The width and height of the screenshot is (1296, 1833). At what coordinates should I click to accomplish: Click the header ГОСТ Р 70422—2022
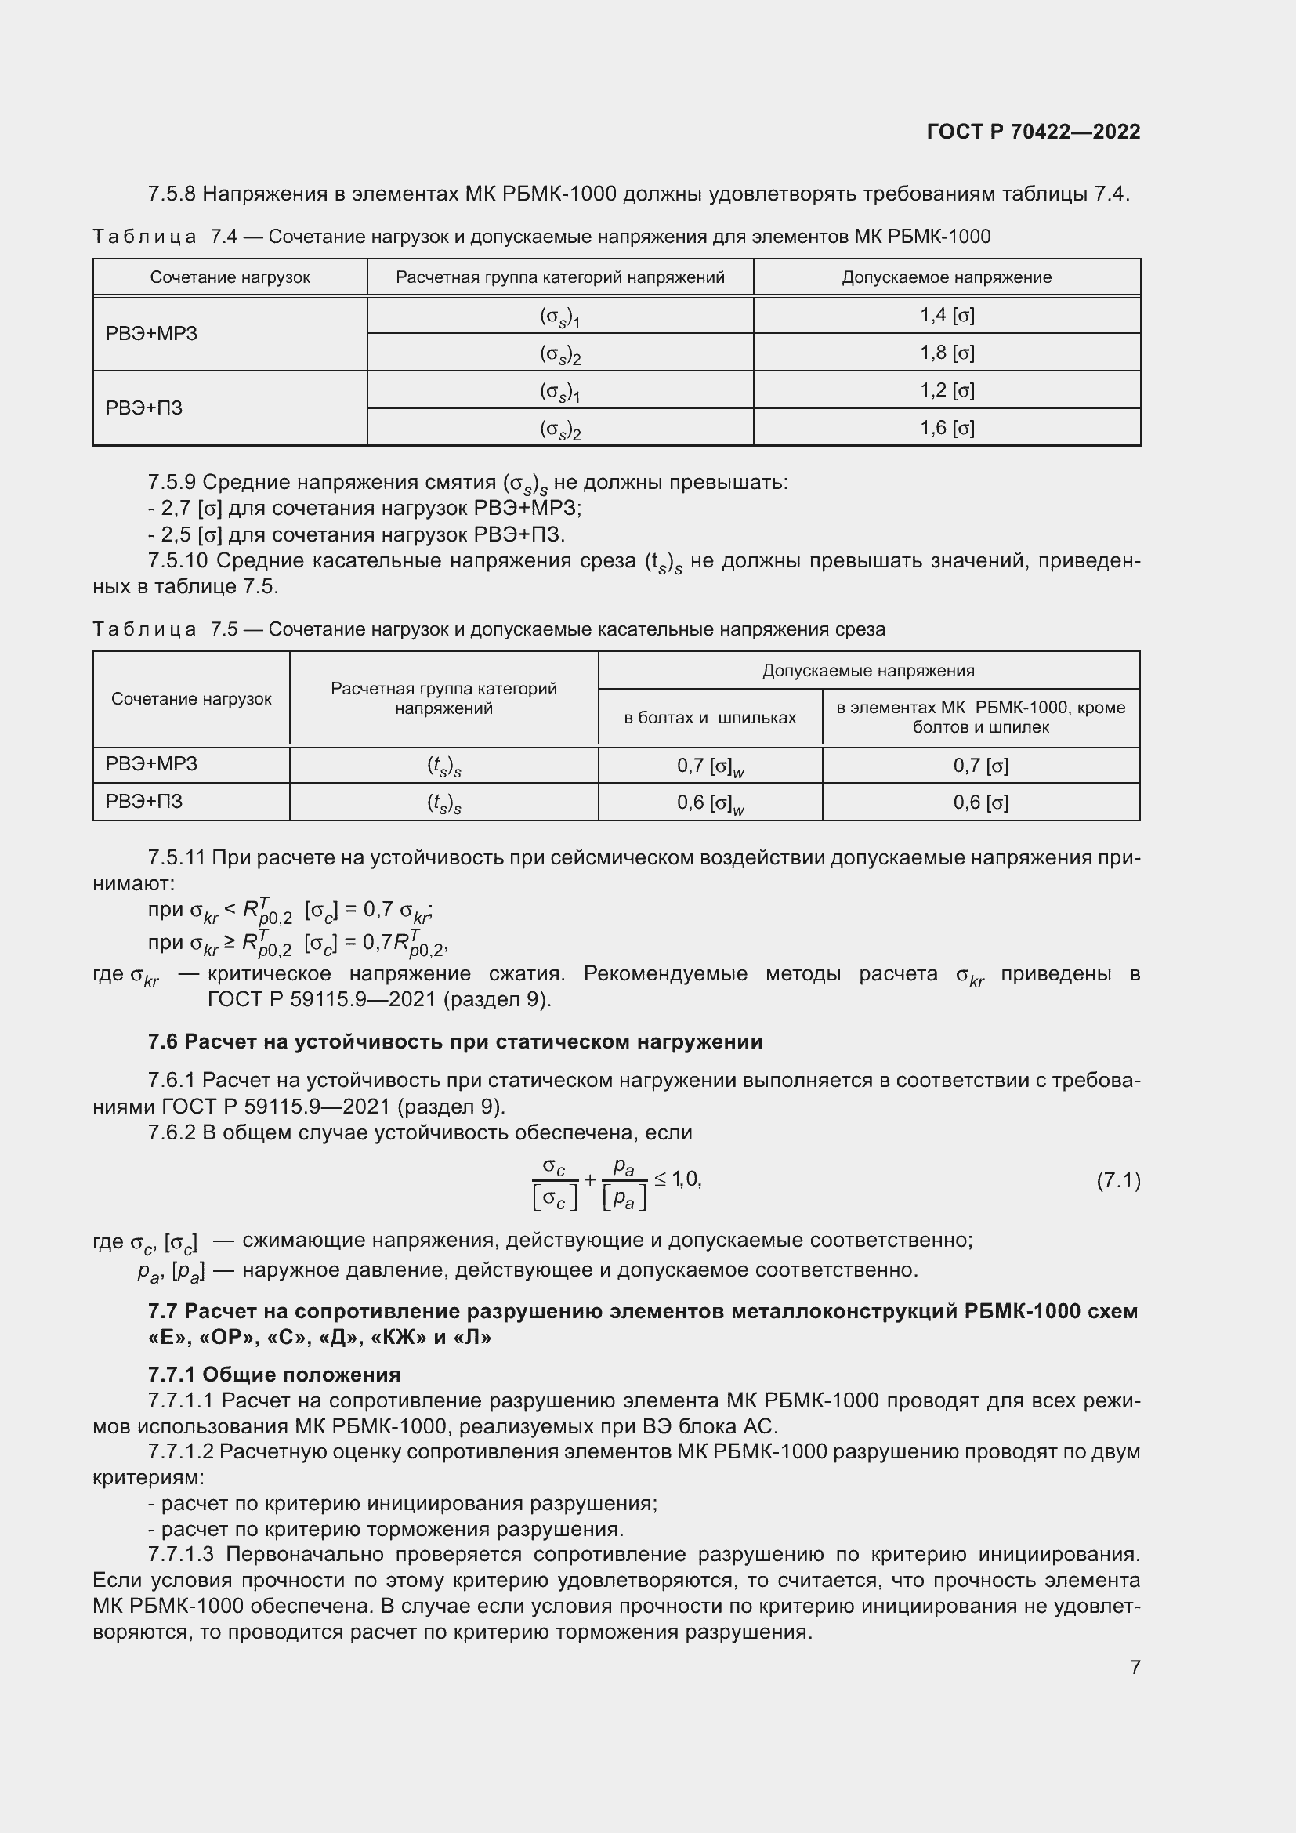(x=1033, y=132)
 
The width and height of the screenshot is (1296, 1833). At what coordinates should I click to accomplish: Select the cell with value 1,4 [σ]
(x=947, y=315)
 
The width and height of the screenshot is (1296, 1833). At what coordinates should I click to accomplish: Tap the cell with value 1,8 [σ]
(x=947, y=353)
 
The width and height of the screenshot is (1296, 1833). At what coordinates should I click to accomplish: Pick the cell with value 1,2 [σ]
(x=947, y=390)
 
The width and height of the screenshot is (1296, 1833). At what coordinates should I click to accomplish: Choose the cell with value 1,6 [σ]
(x=947, y=428)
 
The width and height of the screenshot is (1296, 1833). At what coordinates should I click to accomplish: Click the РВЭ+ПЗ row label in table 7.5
(x=143, y=802)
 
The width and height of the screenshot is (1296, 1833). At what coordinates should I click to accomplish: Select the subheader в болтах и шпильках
(x=709, y=718)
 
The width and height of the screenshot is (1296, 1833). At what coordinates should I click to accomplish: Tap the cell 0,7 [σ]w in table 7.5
(x=709, y=766)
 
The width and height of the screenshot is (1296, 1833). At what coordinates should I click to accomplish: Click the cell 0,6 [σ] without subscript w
(x=980, y=802)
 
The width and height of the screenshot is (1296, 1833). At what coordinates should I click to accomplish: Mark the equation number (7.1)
(x=1117, y=1181)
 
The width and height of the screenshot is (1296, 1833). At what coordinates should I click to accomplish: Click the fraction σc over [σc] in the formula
(x=554, y=1183)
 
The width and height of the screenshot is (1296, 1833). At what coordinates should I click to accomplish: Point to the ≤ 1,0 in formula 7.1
(x=678, y=1179)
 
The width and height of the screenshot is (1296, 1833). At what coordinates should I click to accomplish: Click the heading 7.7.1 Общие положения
(x=273, y=1375)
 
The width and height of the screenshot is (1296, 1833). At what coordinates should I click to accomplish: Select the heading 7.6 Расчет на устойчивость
(x=455, y=1041)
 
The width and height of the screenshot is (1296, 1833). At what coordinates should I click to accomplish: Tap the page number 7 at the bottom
(x=1135, y=1667)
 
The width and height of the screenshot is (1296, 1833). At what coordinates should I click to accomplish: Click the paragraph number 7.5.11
(x=176, y=858)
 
